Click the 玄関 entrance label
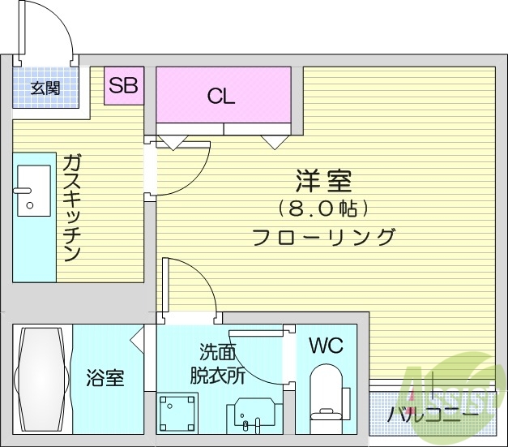click(x=45, y=88)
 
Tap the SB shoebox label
click(x=124, y=85)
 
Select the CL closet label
click(x=220, y=97)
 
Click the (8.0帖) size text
click(x=322, y=208)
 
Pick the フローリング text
click(x=323, y=238)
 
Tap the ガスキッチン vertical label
click(x=71, y=207)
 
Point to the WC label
click(x=326, y=346)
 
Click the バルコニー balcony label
click(x=432, y=415)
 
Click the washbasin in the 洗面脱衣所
click(x=250, y=419)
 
